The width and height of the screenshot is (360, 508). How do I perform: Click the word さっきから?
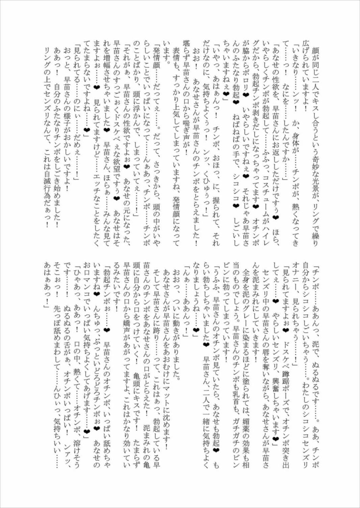[x=157, y=172]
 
